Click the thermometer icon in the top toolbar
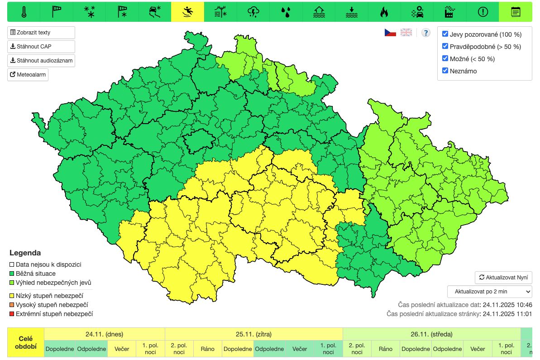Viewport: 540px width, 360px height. coord(24,12)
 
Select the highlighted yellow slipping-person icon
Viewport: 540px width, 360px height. coord(187,12)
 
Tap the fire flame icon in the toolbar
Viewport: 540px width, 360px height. coord(384,12)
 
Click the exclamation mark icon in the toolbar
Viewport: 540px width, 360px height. coord(483,12)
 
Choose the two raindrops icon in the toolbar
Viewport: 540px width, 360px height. coord(286,12)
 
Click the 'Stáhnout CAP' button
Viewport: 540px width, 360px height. coord(41,47)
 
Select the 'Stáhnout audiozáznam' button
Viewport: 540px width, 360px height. coord(41,61)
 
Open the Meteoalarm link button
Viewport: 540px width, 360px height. coord(28,75)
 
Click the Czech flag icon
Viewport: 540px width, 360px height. coord(390,33)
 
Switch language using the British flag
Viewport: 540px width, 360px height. coord(406,33)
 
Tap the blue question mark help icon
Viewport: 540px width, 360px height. coord(425,33)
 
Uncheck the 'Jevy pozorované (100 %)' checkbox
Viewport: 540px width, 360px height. coord(445,34)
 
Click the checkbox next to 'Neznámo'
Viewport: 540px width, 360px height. coord(445,71)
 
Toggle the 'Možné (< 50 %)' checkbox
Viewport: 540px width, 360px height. coord(445,58)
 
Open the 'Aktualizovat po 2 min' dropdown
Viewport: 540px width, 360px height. coord(489,291)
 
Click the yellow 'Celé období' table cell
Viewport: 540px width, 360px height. coord(26,342)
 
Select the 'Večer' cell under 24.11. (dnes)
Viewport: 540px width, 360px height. coord(121,349)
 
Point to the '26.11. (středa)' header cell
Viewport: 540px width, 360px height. coord(431,334)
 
